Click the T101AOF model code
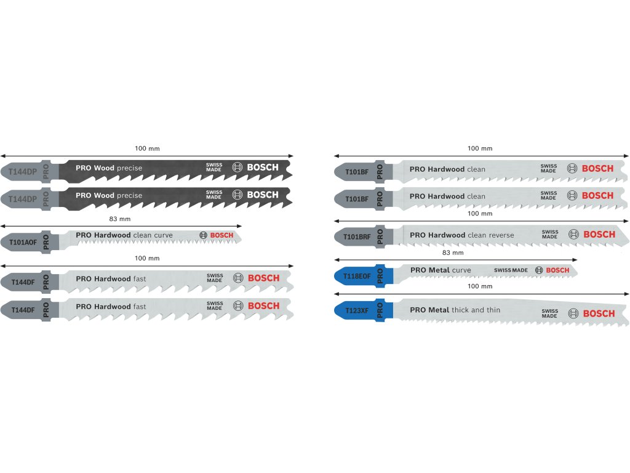coord(23,242)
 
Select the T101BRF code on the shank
coord(357,236)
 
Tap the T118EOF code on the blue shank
coord(357,276)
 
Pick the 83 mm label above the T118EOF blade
coord(453,253)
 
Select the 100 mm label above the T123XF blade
coord(480,287)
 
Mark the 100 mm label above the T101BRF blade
coord(480,214)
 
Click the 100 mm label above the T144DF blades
coord(146,258)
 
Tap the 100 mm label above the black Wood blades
coord(146,148)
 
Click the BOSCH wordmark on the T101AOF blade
coord(222,235)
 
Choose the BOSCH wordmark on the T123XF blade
coord(599,313)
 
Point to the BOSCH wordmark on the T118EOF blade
coord(557,270)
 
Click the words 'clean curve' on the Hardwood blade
coord(153,235)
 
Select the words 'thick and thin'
coord(476,310)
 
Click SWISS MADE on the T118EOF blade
coord(511,270)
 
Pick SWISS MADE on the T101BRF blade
coord(550,234)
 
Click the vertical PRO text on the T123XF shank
coord(380,310)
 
